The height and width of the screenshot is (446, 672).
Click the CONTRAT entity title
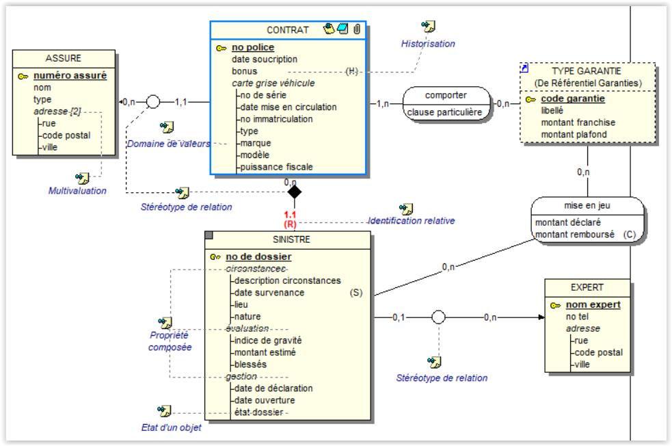pyautogui.click(x=287, y=30)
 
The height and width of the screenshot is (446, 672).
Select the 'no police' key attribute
pyautogui.click(x=252, y=48)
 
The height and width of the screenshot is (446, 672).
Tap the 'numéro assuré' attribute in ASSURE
pyautogui.click(x=70, y=76)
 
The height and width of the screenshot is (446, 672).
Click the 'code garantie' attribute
pyautogui.click(x=572, y=99)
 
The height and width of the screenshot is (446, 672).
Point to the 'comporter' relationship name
pyautogui.click(x=446, y=95)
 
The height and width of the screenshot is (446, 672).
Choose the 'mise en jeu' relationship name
pyautogui.click(x=587, y=205)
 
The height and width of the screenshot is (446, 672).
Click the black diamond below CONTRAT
pyautogui.click(x=294, y=192)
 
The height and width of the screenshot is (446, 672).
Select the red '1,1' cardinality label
pyautogui.click(x=290, y=215)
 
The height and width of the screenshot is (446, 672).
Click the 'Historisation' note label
pyautogui.click(x=427, y=44)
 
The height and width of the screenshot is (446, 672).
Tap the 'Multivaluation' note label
pyautogui.click(x=77, y=191)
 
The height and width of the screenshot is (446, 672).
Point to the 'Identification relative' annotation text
pyautogui.click(x=411, y=221)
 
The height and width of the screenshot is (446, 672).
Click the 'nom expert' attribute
pyautogui.click(x=593, y=304)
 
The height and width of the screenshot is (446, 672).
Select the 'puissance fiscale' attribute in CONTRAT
pyautogui.click(x=277, y=167)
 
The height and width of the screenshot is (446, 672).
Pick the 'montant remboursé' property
pyautogui.click(x=574, y=235)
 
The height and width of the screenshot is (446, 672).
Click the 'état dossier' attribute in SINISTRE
pyautogui.click(x=258, y=412)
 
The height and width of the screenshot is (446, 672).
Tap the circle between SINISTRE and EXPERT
pyautogui.click(x=439, y=317)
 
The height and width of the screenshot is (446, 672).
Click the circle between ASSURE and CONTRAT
pyautogui.click(x=153, y=102)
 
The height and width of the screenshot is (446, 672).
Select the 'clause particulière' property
pyautogui.click(x=445, y=112)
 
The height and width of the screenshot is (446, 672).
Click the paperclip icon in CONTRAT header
pyautogui.click(x=356, y=29)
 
